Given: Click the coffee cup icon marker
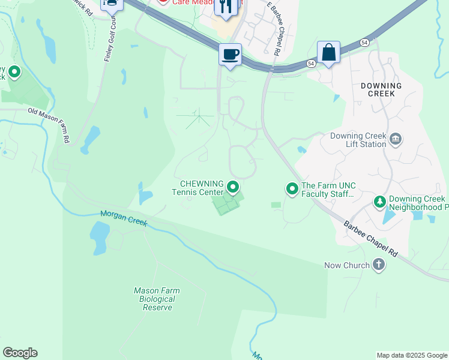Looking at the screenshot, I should coord(230,55).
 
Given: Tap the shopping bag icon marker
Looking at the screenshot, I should coord(328,52).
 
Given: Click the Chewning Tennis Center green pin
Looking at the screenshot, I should coord(233,187).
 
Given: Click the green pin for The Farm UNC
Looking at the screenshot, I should coord(292,190).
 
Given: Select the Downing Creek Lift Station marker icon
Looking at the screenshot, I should coord(396,140).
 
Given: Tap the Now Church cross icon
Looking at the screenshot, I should coord(379,265).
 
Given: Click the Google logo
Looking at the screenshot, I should coord(20,353).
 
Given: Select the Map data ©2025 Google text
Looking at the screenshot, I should coord(411,355).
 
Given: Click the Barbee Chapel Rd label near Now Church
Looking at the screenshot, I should coord(370,239).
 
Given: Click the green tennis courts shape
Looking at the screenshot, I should coord(226,203).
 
